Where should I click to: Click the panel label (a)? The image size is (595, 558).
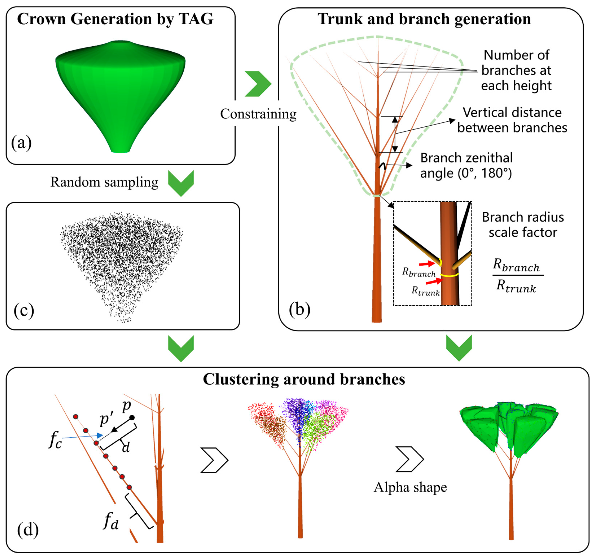[x=21, y=143]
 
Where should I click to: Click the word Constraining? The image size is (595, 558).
[x=258, y=114]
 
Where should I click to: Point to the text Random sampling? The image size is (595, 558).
[x=104, y=182]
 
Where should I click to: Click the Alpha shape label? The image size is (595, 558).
[x=410, y=487]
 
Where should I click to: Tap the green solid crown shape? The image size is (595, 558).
[x=120, y=90]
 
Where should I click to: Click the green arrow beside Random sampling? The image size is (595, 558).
[x=181, y=183]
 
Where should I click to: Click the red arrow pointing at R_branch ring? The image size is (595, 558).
[x=427, y=263]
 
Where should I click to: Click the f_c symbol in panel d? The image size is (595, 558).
[x=55, y=440]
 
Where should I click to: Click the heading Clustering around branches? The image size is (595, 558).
[x=304, y=379]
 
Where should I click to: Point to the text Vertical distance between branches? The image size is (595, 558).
[x=512, y=120]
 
